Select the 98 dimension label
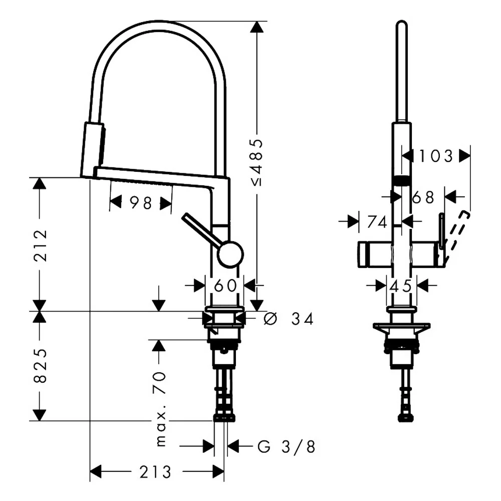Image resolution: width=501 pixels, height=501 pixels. click(x=140, y=203)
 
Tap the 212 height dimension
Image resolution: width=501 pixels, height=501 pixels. click(x=40, y=245)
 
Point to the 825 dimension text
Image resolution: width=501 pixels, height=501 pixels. click(x=40, y=366)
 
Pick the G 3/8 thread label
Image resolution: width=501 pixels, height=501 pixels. click(x=287, y=446)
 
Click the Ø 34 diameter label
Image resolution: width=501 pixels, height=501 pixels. click(x=289, y=318)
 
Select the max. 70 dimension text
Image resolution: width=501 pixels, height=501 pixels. click(x=160, y=408)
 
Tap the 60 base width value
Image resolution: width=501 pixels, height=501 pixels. click(x=225, y=286)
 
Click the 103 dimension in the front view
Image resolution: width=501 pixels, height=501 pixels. click(x=436, y=156)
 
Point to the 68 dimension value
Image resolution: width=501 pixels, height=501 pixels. click(x=423, y=197)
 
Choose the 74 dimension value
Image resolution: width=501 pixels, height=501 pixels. click(x=377, y=222)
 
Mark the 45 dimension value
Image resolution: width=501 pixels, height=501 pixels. click(x=401, y=286)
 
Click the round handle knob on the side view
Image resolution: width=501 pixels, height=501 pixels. click(x=230, y=254)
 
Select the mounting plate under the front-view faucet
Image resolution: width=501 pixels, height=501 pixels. click(x=401, y=329)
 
